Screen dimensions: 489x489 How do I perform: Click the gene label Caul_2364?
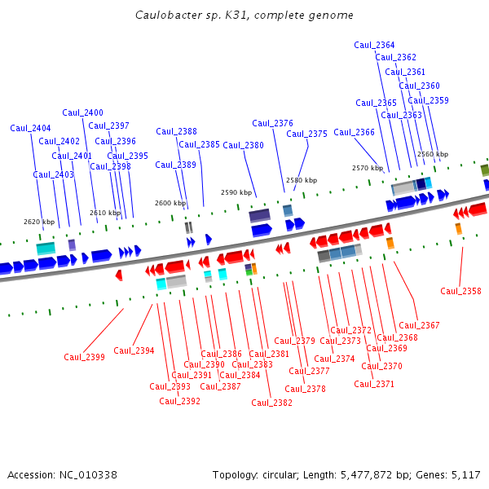click(374, 45)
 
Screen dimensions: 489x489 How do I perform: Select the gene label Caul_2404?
click(30, 128)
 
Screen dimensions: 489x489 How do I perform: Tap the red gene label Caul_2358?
click(460, 291)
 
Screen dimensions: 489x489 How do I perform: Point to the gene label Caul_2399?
click(84, 357)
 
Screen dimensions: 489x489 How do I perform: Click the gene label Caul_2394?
click(134, 350)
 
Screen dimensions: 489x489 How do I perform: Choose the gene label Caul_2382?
click(271, 403)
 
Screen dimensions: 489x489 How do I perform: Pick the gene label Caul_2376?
click(272, 123)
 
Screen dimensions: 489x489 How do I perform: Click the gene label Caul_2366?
click(354, 132)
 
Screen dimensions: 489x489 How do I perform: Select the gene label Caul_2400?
click(82, 112)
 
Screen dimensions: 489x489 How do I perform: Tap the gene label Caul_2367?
click(419, 325)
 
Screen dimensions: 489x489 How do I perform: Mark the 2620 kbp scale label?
click(39, 222)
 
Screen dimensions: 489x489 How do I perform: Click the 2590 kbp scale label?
click(236, 192)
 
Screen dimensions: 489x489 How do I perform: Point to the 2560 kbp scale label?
click(432, 154)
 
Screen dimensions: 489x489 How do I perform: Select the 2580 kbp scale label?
click(302, 180)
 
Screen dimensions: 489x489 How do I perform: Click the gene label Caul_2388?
click(176, 131)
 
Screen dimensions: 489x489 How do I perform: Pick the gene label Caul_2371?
click(374, 384)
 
